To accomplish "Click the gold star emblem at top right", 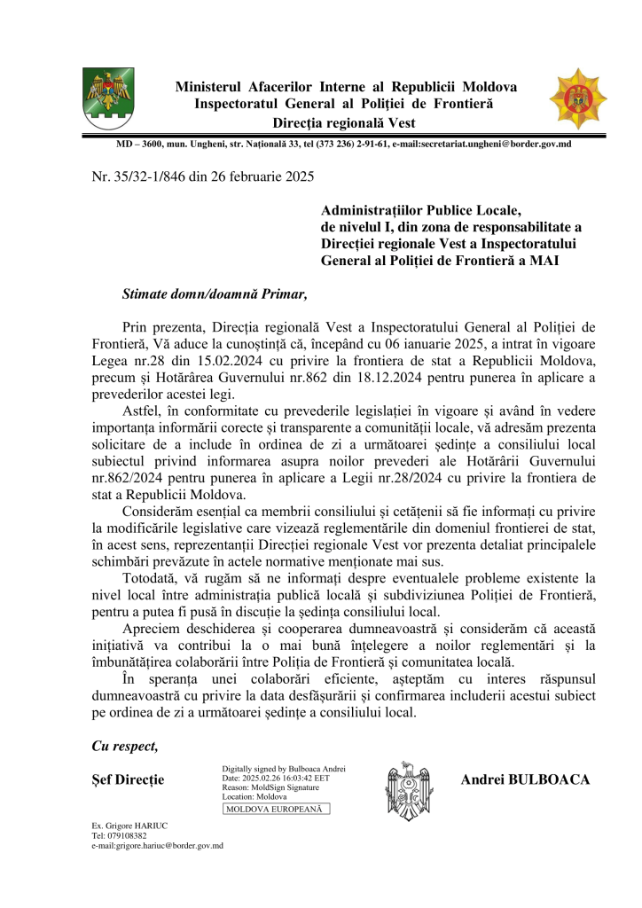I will click(577, 98).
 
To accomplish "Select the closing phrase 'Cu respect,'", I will click(125, 746).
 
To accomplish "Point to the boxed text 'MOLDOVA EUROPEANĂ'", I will click(275, 809).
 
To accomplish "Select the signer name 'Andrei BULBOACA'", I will click(526, 779).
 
